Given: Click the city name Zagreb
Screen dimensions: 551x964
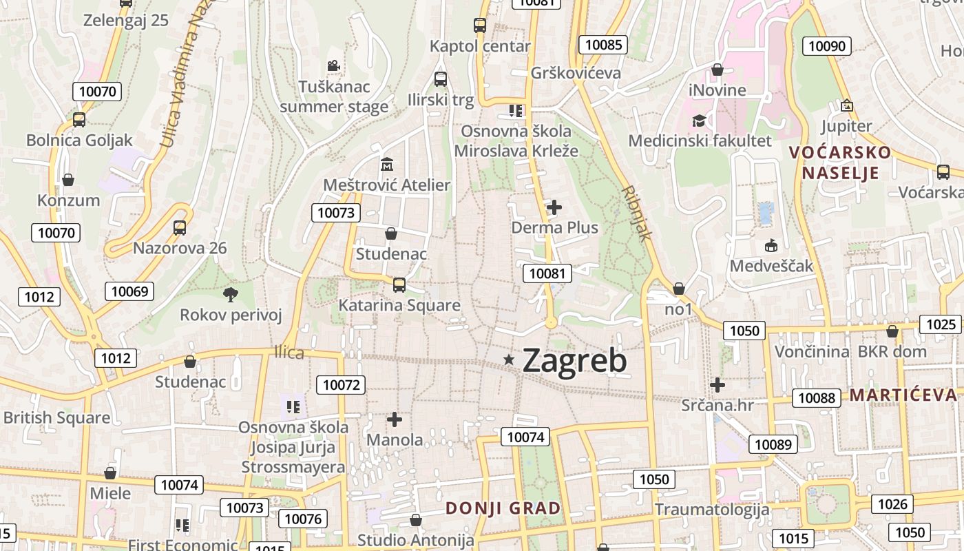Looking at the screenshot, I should coord(574,361).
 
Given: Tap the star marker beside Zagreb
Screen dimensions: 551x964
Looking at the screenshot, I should coord(509,359).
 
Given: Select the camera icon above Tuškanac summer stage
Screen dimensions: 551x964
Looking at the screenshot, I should coord(333,66).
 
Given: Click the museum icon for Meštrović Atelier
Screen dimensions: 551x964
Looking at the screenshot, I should coord(387,165).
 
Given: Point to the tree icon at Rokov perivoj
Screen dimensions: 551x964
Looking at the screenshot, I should coord(231,295).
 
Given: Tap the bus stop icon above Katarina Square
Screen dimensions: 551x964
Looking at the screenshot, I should coord(399,284).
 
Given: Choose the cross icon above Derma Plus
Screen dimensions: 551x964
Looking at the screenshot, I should coord(554,207).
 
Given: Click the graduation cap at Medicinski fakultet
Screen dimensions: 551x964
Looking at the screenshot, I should coord(700,121).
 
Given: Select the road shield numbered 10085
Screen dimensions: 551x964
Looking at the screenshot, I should coord(603,45).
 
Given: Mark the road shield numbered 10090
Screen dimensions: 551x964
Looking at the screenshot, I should coord(827,46).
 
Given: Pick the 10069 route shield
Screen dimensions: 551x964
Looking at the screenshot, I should coord(129,291).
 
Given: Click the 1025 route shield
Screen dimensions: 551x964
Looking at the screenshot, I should coord(941,324).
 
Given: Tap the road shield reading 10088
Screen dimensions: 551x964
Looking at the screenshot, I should coord(817,397).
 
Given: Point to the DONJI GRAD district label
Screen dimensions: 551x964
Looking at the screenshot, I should coord(503,508).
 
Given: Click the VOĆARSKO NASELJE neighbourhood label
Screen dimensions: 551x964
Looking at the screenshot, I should coord(840,163).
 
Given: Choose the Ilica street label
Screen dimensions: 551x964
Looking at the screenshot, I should coord(289,353).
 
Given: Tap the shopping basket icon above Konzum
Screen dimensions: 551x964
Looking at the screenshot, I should coord(68,180).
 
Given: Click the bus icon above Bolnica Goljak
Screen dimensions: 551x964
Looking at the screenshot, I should coord(79,120).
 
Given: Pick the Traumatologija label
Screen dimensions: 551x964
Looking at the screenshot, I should coord(711,510).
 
